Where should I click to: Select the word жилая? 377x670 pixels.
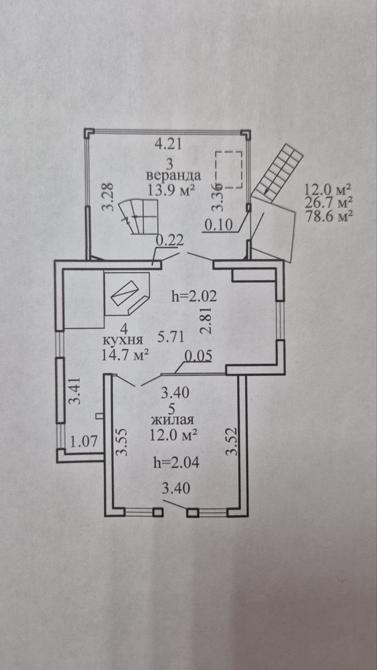(x=172, y=420)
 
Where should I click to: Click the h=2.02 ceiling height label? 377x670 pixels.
(x=194, y=296)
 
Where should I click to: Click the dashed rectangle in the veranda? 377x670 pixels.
(x=229, y=170)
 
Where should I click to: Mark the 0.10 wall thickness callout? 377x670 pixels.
(x=218, y=225)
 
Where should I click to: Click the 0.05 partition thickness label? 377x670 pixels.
(x=198, y=356)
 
